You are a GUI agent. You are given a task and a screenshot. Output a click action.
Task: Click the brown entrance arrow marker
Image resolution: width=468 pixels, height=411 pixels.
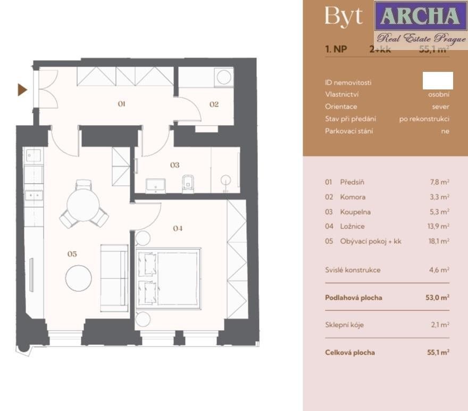pyautogui.click(x=22, y=89)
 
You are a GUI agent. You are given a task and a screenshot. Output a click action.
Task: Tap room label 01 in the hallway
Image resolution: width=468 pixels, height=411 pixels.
pyautogui.click(x=121, y=104)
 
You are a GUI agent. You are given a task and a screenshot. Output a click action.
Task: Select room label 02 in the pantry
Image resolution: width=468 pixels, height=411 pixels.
pyautogui.click(x=214, y=104)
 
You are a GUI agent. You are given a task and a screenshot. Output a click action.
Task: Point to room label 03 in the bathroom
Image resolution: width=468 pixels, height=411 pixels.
pyautogui.click(x=174, y=165)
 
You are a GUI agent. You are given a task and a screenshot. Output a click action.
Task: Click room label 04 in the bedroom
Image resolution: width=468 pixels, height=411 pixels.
pyautogui.click(x=178, y=228)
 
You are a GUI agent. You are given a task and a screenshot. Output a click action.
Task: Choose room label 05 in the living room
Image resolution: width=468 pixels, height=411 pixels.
pyautogui.click(x=72, y=254)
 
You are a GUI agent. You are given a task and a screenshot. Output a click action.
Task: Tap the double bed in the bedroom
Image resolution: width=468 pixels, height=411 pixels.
pyautogui.click(x=169, y=278)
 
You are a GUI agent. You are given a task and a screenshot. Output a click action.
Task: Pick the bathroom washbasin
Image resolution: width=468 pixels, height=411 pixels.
pyautogui.click(x=156, y=185)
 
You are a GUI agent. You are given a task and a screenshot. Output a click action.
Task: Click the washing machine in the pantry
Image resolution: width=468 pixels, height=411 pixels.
pyautogui.click(x=224, y=77)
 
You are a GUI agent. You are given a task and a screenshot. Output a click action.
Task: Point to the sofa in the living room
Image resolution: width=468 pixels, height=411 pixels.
pyautogui.click(x=114, y=277)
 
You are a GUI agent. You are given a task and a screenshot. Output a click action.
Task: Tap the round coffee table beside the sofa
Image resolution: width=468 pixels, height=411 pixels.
pyautogui.click(x=79, y=278)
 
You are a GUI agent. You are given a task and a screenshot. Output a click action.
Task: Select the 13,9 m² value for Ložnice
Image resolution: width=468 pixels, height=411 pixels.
pyautogui.click(x=439, y=226)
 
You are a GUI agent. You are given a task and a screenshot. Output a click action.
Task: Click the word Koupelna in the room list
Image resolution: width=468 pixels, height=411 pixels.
pyautogui.click(x=355, y=211)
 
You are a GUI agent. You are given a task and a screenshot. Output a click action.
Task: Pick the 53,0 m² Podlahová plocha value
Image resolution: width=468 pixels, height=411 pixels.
pyautogui.click(x=438, y=298)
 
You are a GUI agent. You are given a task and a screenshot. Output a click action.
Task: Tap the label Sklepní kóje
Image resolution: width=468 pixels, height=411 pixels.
pyautogui.click(x=345, y=325)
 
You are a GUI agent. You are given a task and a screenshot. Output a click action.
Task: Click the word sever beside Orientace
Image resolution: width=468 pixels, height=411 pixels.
pyautogui.click(x=440, y=106)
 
